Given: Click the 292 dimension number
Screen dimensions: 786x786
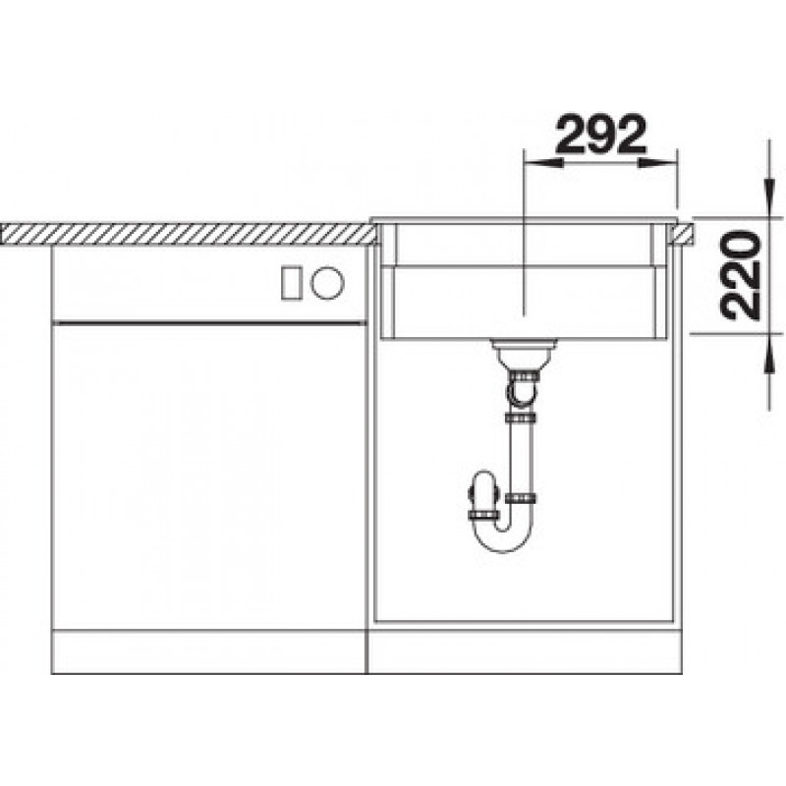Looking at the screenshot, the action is [600, 134].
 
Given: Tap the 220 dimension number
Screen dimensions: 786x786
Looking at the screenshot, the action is [740, 275].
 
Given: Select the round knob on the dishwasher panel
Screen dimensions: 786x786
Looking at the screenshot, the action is [327, 283].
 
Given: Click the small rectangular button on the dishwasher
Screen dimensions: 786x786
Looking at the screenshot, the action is [291, 283].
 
